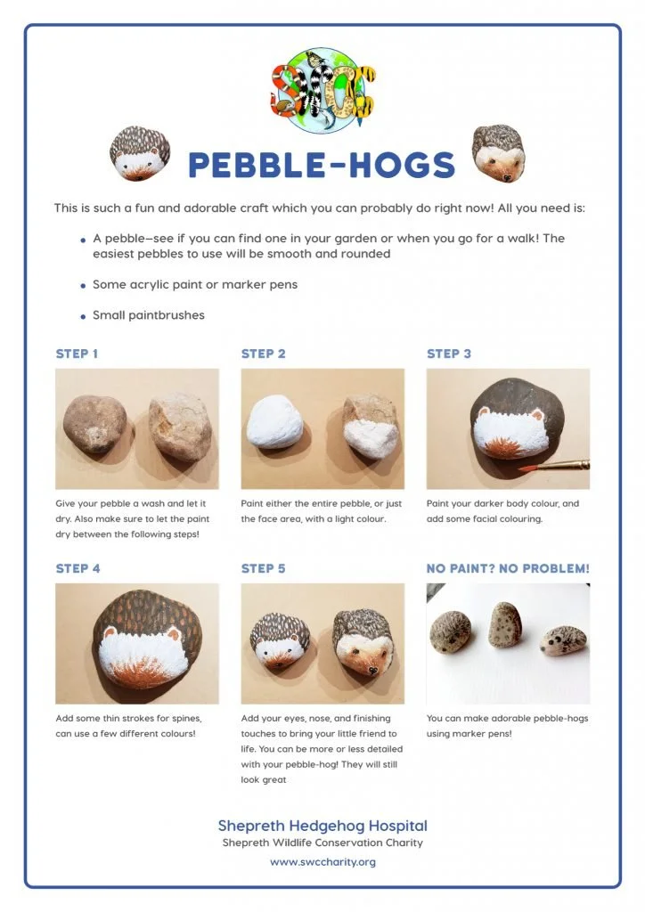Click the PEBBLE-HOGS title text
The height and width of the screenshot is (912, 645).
click(x=322, y=165)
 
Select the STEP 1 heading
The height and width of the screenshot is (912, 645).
click(x=78, y=354)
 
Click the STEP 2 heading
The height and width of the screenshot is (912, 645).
click(x=263, y=354)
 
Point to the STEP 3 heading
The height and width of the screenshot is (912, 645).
click(x=449, y=354)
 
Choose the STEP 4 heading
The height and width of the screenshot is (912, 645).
click(x=78, y=568)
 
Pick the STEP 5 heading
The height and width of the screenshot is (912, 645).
click(x=263, y=568)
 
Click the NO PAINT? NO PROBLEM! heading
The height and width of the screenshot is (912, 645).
click(x=508, y=568)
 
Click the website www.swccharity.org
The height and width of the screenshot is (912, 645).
click(x=322, y=862)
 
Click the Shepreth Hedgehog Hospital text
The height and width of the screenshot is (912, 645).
click(x=322, y=826)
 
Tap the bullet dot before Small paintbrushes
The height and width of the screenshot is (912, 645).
click(x=83, y=316)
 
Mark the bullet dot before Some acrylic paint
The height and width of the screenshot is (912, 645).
click(x=83, y=286)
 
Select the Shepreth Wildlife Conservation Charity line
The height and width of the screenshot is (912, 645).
click(x=322, y=843)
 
